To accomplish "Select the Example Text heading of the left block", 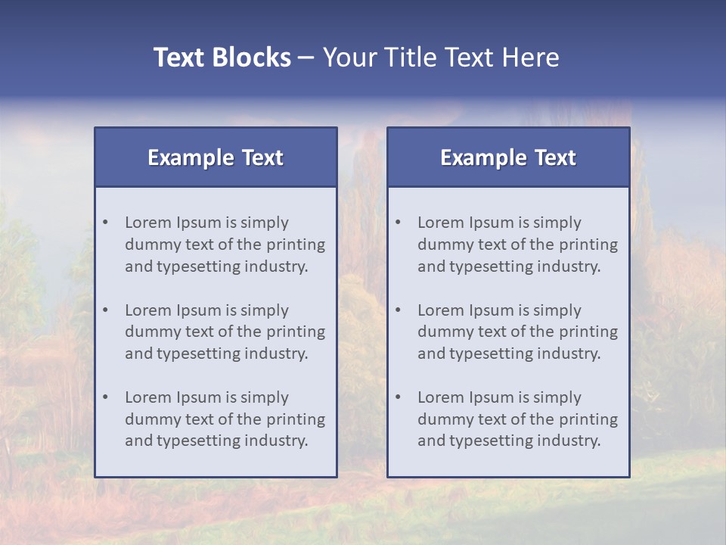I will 216,157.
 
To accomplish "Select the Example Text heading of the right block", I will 508,157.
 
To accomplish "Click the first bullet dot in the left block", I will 106,223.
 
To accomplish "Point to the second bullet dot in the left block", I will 106,310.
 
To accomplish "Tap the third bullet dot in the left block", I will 106,397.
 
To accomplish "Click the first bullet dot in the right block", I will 399,223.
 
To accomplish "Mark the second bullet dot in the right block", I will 399,310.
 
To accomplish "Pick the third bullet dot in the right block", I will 399,397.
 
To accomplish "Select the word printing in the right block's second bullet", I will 588,332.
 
